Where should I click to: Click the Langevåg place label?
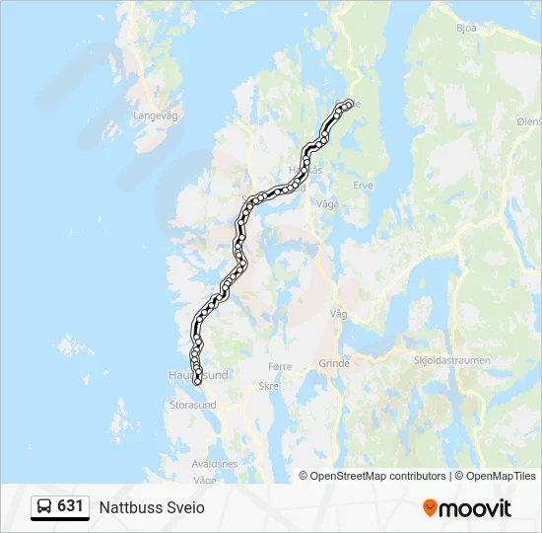[x=153, y=115]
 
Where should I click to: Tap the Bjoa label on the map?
[x=467, y=28]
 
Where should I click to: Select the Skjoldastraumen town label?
[x=452, y=361]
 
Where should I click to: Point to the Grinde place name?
[x=334, y=363]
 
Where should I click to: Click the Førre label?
[x=281, y=366]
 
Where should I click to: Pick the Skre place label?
[x=268, y=387]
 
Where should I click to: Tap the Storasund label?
[x=193, y=405]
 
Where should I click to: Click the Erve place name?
[x=364, y=185]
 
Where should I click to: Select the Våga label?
[x=328, y=203]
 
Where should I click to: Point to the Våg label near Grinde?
[x=340, y=313]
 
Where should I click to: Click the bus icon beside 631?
[x=44, y=507]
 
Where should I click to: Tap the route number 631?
[x=70, y=506]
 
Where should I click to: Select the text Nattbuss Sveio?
[x=152, y=507]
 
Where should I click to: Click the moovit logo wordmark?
[x=475, y=508]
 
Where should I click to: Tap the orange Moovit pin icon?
[x=430, y=508]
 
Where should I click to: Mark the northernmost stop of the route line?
[x=348, y=104]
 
